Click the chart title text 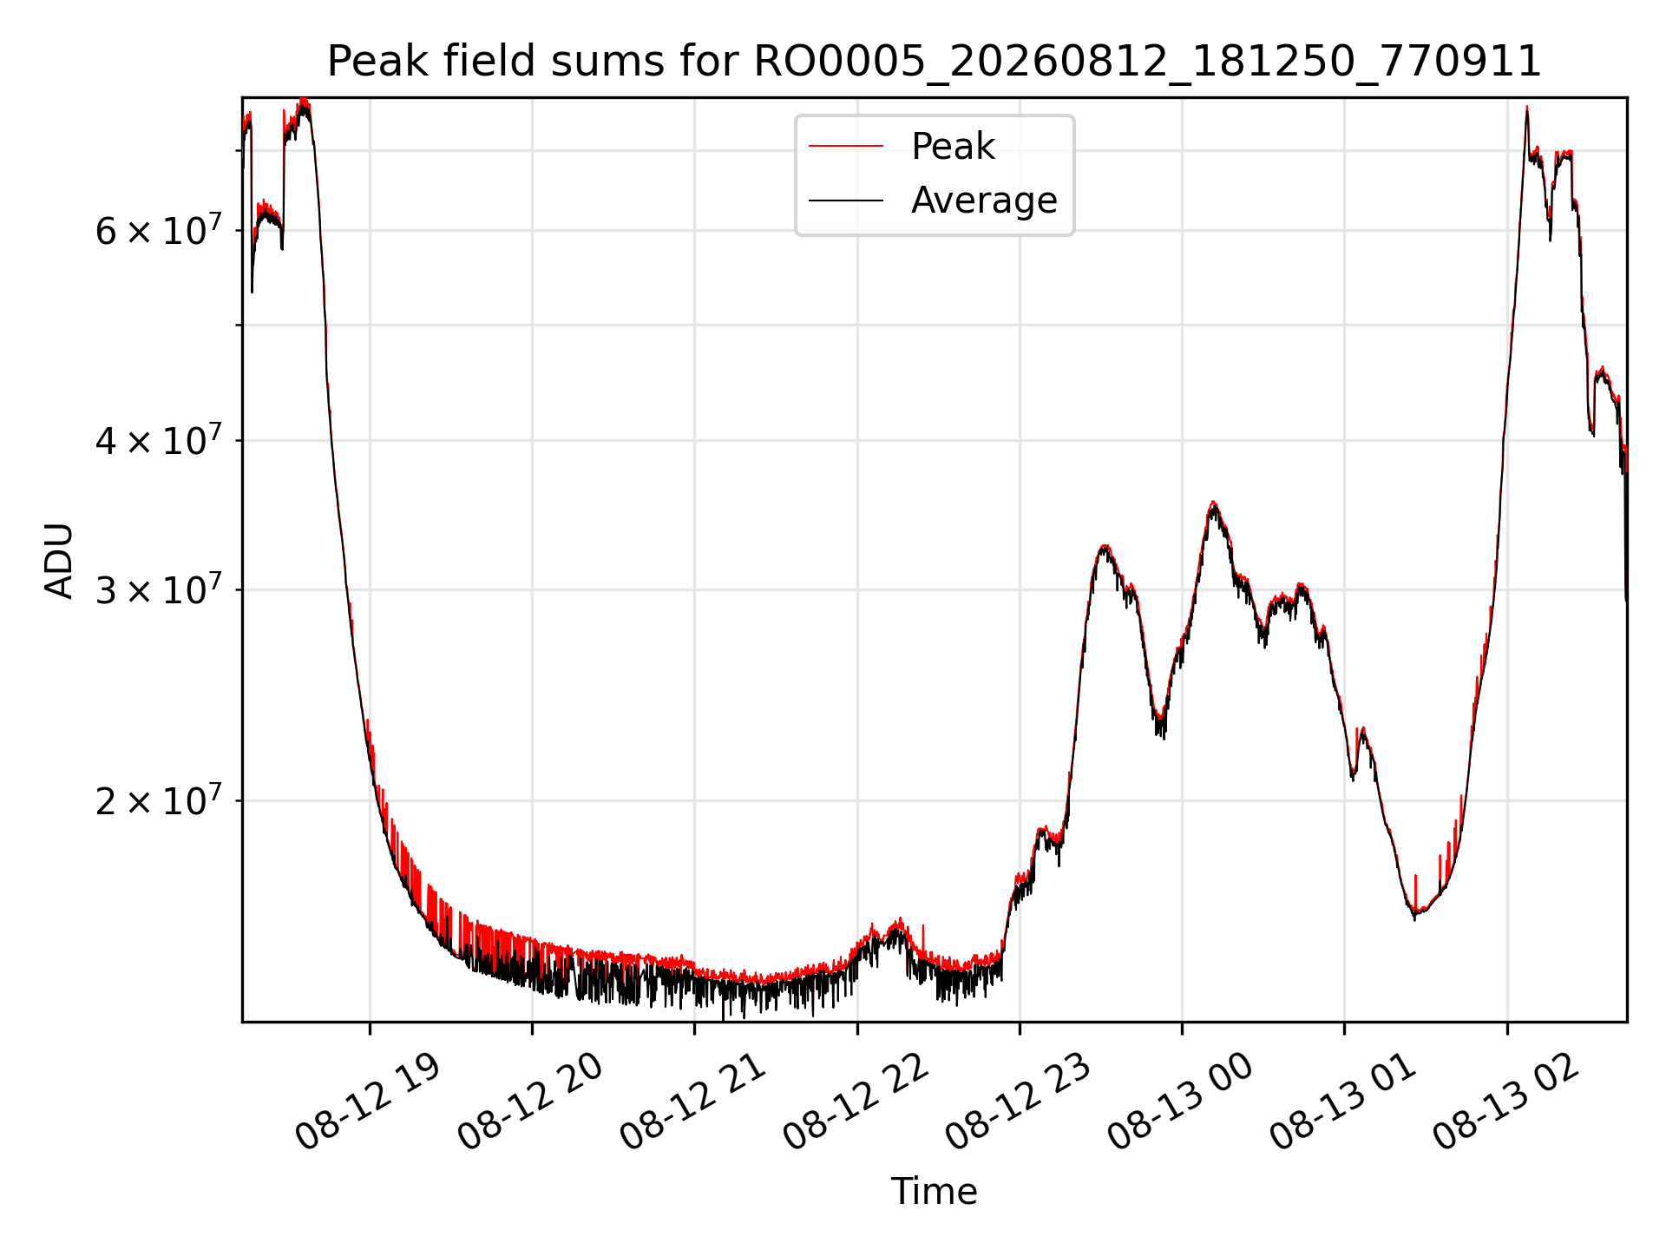click(x=934, y=62)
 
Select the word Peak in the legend click(x=953, y=147)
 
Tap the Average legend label click(x=984, y=201)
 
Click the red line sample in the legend click(x=846, y=147)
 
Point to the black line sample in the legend click(x=846, y=201)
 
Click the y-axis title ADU click(x=59, y=560)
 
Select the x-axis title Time click(x=934, y=1191)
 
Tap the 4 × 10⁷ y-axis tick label click(x=159, y=439)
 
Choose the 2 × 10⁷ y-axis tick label click(x=159, y=799)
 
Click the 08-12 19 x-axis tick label click(x=368, y=1102)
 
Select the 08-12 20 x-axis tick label click(x=530, y=1102)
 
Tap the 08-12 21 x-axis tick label click(x=692, y=1102)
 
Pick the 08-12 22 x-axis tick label click(x=856, y=1102)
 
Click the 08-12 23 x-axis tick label click(x=1018, y=1102)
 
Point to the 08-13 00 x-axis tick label click(x=1180, y=1102)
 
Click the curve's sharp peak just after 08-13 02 click(x=1526, y=108)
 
